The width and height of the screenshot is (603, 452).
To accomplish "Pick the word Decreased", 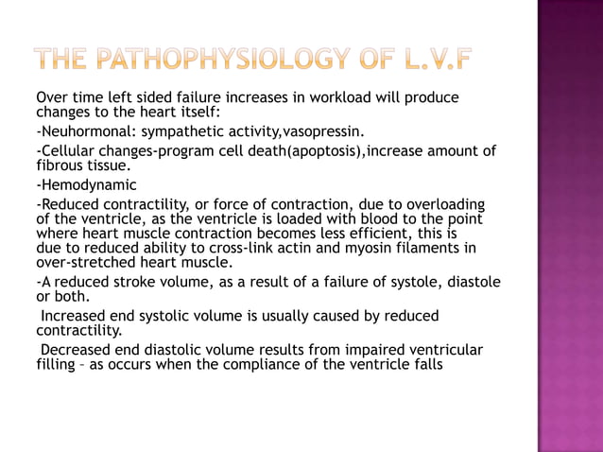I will click(76, 350).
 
